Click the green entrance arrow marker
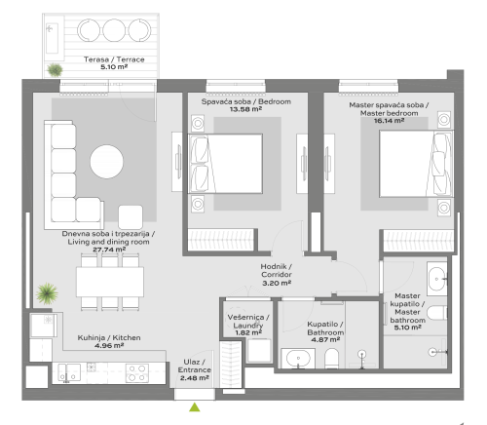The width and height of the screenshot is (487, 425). [x=195, y=407]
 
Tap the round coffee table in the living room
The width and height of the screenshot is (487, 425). [x=106, y=161]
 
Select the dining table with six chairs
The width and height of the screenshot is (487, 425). [x=110, y=284]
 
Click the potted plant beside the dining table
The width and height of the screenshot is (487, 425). [x=46, y=292]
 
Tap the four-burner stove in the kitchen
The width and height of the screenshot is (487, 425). [x=135, y=371]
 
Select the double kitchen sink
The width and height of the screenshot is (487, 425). [x=69, y=371]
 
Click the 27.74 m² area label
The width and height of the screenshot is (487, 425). [x=109, y=250]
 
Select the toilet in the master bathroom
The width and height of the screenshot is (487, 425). [x=437, y=313]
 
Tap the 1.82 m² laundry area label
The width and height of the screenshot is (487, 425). [x=247, y=332]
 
